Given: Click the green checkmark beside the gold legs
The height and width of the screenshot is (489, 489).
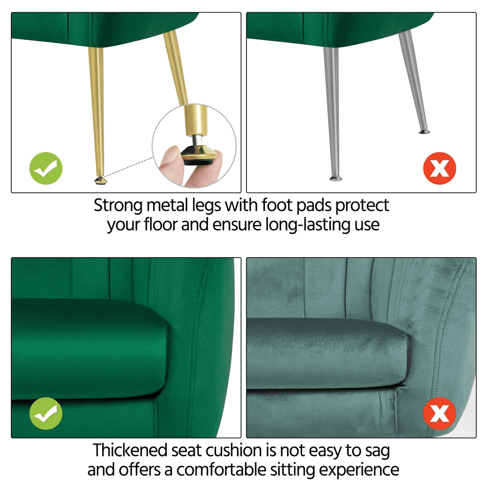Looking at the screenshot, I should coord(46,169).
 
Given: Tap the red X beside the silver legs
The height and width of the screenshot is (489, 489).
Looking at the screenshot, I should coord(440,169).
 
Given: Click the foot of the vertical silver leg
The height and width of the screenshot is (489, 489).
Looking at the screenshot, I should coord(335,178).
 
